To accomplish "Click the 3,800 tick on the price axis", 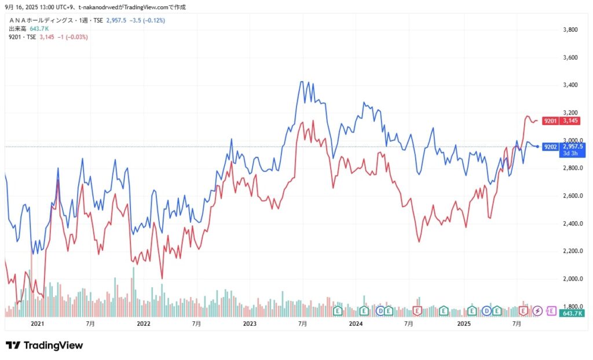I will click(x=572, y=30).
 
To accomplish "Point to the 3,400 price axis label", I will click(x=572, y=85).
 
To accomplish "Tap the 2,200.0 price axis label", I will click(x=573, y=251).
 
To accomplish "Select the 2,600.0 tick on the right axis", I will click(x=573, y=196).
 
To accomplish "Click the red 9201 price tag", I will click(x=551, y=120).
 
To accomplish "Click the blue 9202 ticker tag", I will click(x=551, y=146).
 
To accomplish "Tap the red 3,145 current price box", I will click(x=572, y=120).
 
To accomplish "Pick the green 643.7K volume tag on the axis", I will click(x=572, y=313).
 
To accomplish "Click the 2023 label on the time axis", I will click(x=250, y=324).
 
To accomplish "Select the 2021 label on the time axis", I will click(x=37, y=324).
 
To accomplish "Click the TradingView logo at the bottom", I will click(x=45, y=346).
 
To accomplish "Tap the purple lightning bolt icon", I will click(x=537, y=311).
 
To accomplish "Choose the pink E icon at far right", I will click(x=551, y=311).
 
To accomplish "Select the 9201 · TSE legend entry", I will click(x=22, y=37).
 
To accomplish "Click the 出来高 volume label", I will click(x=17, y=29).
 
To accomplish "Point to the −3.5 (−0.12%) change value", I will click(x=149, y=20).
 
